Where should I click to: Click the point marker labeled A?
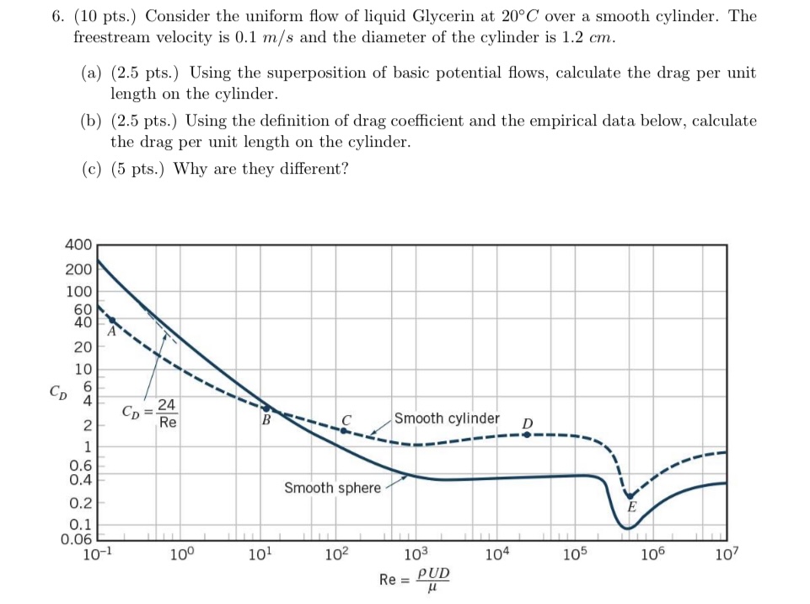pos(112,320)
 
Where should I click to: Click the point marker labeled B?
pos(266,408)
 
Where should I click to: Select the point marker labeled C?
pos(343,429)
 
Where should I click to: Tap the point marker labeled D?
pos(527,434)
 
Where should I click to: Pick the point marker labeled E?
pos(629,496)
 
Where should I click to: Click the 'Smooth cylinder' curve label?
pos(447,418)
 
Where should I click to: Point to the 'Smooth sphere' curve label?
pos(332,488)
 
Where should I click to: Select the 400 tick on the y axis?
pos(78,245)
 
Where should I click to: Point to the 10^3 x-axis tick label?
pos(416,555)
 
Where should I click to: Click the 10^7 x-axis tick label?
pos(726,555)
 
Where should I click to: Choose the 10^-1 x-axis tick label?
pos(99,555)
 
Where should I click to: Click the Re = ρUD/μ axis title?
pos(415,580)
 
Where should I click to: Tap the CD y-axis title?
pos(56,392)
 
